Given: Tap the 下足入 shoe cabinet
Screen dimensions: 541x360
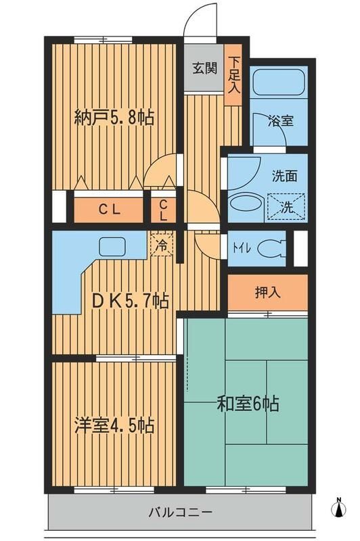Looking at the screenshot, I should click(233, 74).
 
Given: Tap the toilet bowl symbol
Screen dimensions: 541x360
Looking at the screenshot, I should click(273, 248).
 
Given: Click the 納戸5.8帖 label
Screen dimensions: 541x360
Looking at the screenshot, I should click(114, 118).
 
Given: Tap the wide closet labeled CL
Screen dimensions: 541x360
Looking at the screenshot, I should click(110, 210).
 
